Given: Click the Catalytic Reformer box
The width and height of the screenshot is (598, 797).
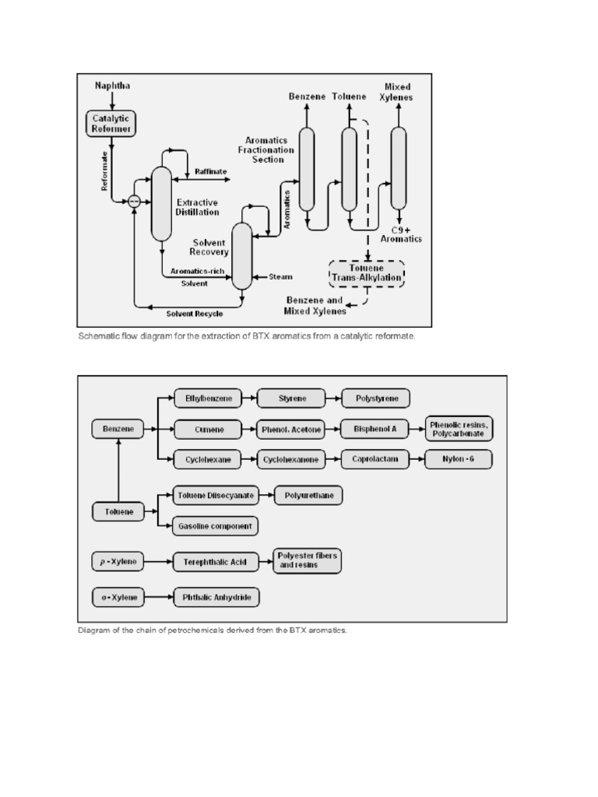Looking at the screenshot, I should coord(113,123).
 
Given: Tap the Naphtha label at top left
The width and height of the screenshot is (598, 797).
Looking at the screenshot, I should coord(113,85).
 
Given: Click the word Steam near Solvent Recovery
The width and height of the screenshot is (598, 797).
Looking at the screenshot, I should coord(280,276).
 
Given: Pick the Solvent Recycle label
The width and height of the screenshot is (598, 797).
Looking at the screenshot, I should coord(194,313).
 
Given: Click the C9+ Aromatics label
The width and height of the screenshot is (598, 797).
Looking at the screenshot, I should coord(401,234).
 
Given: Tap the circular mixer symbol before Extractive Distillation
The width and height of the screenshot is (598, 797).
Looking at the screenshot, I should coord(134,201).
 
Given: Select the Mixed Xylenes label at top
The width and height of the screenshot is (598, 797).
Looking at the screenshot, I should coord(399,92).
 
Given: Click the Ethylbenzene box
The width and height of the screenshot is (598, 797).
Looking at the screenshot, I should coord(208,398).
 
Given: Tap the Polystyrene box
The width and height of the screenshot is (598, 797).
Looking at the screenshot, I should coord(377,398).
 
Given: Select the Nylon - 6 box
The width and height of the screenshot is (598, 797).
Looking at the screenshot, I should coord(459,459).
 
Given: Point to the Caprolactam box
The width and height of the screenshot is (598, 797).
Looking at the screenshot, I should coord(375,459).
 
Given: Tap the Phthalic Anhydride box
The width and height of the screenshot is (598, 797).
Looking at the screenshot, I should coord(216,598).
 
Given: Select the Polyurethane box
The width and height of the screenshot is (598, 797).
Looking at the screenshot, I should coord(309,495).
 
